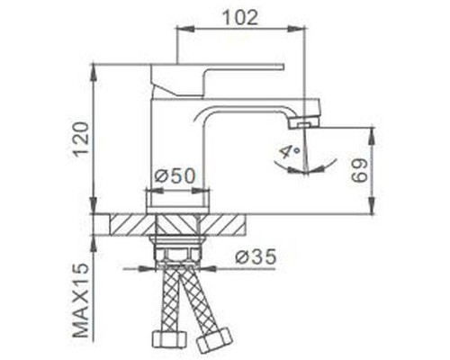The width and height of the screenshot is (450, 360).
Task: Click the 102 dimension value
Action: coord(241,17)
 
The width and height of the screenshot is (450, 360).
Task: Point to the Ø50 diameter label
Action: coord(175,177)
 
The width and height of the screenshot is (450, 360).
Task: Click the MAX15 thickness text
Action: coord(80,301)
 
